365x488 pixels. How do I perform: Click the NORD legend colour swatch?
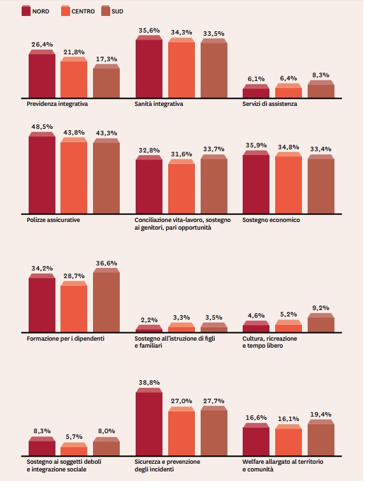(x=26, y=11)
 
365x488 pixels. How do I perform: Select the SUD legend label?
(x=117, y=11)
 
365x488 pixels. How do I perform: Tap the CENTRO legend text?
(x=83, y=11)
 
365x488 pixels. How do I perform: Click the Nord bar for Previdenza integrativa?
(x=42, y=74)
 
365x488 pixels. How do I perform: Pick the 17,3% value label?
(x=106, y=59)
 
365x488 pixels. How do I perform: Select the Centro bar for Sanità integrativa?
(x=182, y=68)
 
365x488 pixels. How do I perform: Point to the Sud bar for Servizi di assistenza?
(x=321, y=89)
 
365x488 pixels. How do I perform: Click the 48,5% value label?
(x=42, y=127)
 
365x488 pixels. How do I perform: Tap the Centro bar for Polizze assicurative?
(x=74, y=175)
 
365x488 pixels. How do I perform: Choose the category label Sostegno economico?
(x=271, y=220)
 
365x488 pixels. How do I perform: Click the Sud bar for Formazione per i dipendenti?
(x=106, y=300)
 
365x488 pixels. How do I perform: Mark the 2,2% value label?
(x=149, y=320)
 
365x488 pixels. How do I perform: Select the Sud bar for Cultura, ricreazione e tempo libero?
(x=321, y=323)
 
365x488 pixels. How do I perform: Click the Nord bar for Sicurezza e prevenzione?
(x=149, y=422)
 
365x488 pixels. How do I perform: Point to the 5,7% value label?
(x=74, y=437)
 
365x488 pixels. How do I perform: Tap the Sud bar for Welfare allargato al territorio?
(x=321, y=438)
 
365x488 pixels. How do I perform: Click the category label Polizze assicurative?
(x=53, y=220)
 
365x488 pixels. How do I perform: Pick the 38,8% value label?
(x=149, y=383)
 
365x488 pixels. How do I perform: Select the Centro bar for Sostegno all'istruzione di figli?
(x=182, y=327)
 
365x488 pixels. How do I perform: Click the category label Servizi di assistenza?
(x=269, y=104)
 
